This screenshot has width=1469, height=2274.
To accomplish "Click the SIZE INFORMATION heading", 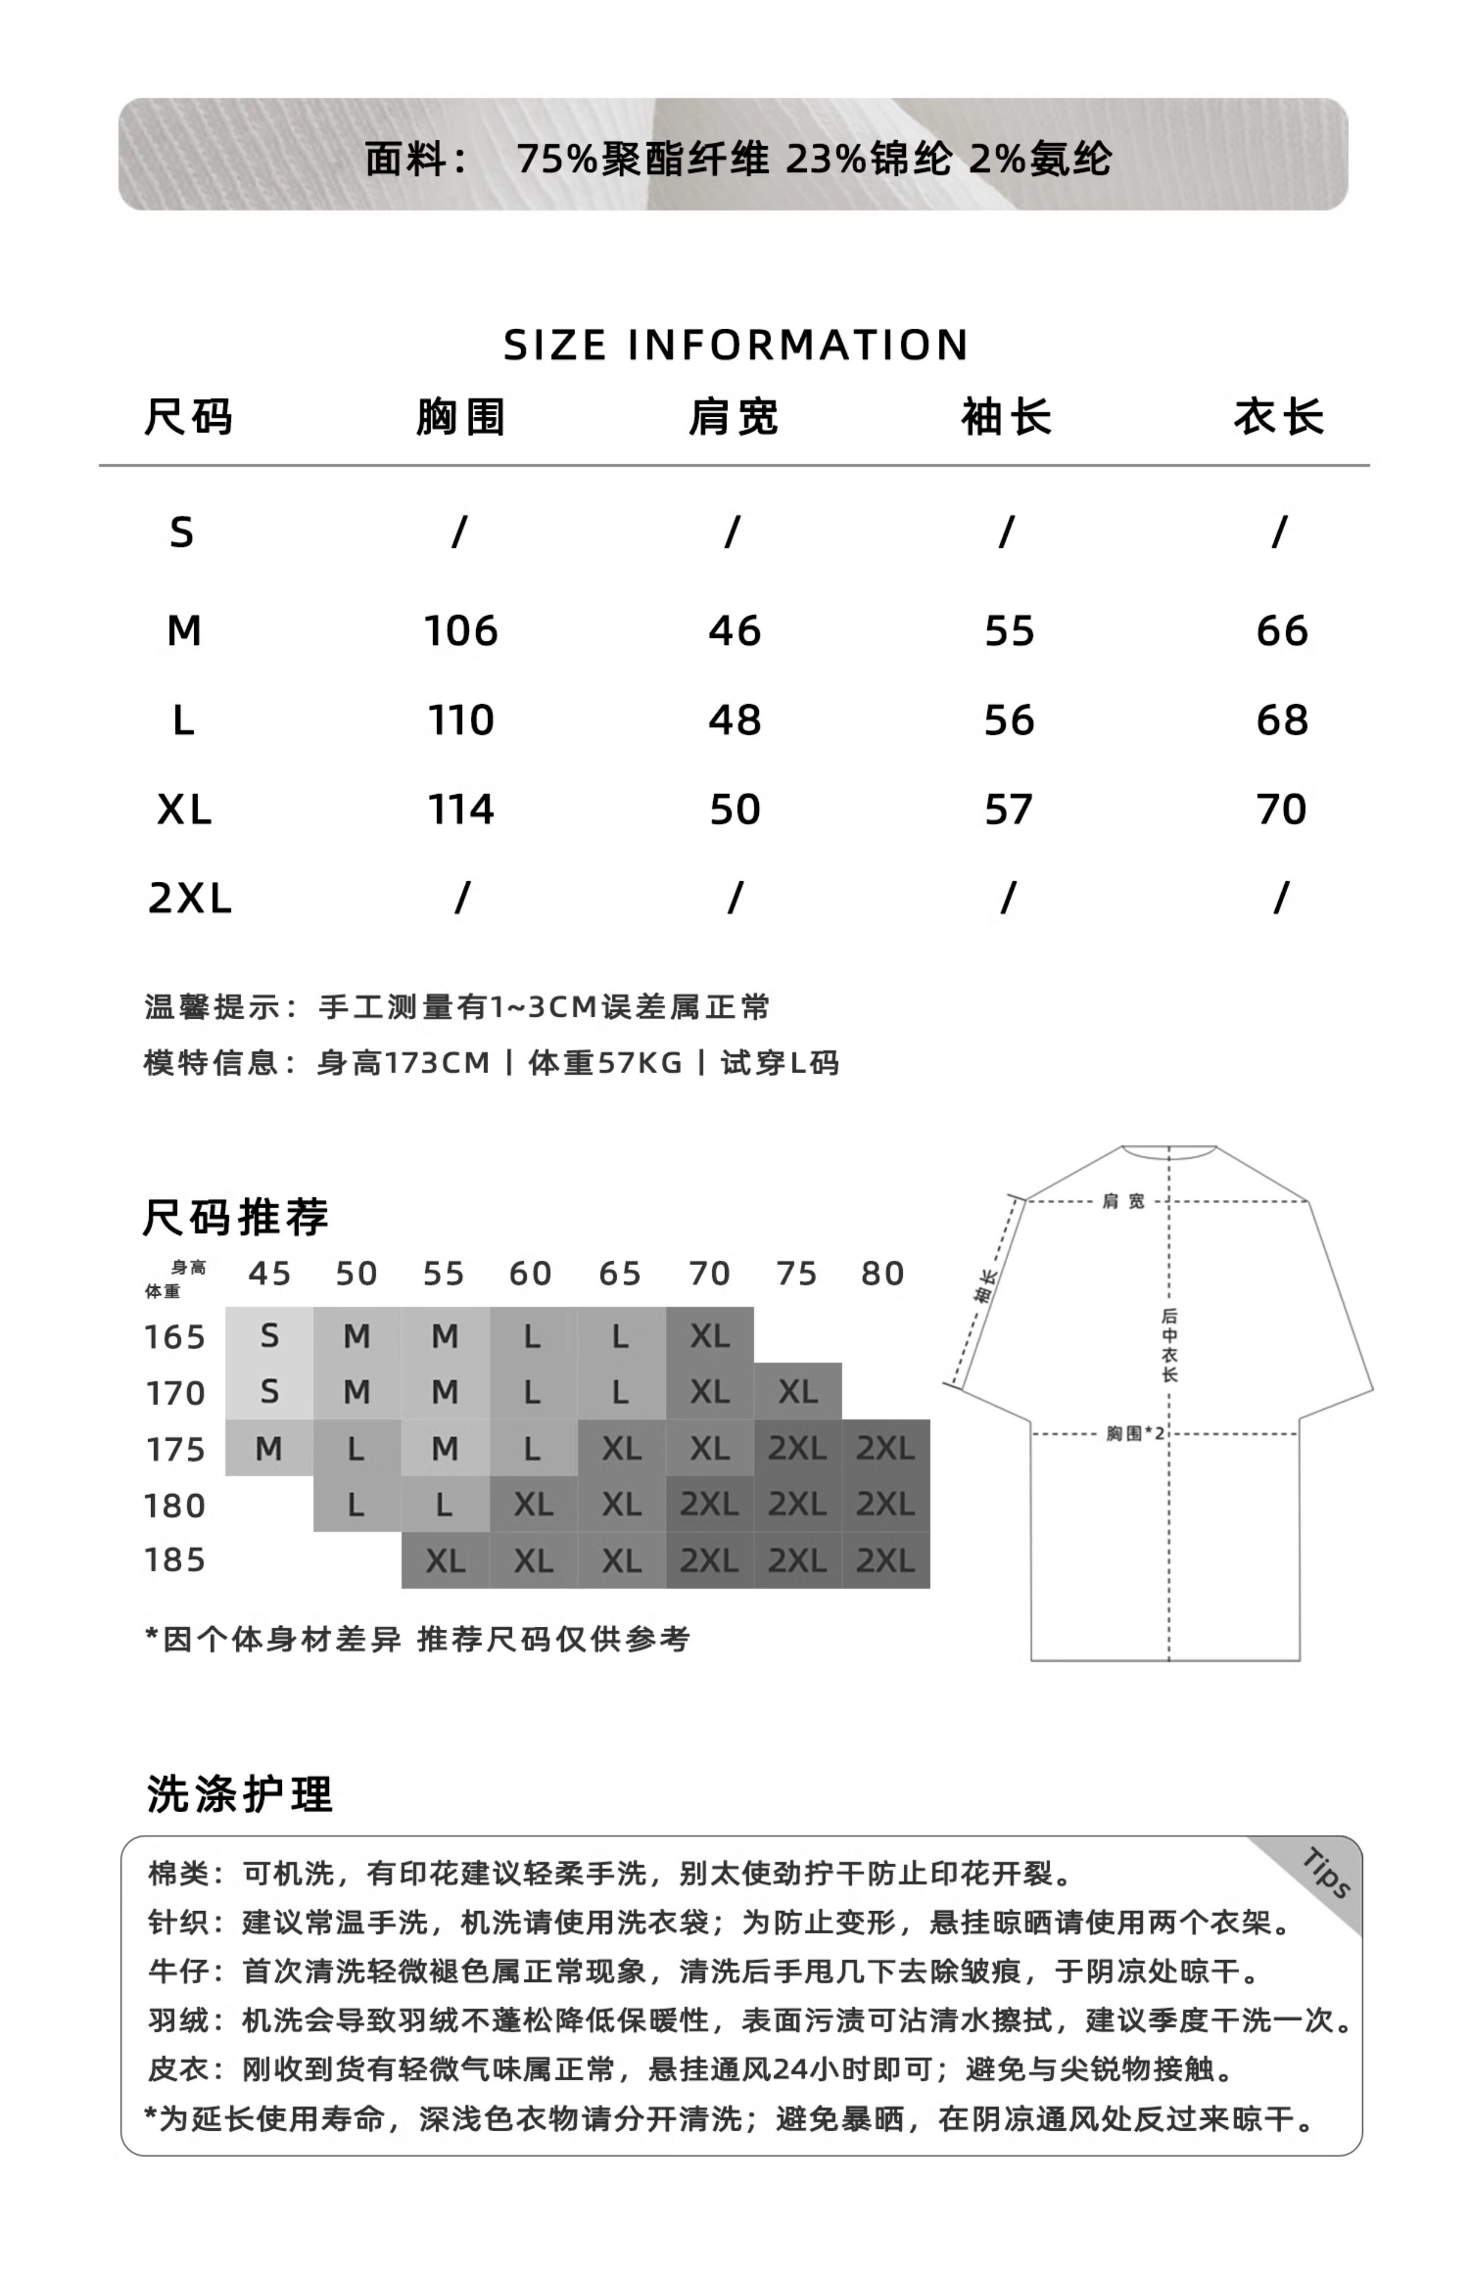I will (x=736, y=345).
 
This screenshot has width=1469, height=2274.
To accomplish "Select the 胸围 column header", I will (x=461, y=417).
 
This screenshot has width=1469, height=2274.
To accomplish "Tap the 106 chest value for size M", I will (x=461, y=631).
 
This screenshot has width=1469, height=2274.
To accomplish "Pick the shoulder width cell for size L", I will (x=734, y=721).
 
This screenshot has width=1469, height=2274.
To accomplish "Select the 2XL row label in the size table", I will (x=190, y=898).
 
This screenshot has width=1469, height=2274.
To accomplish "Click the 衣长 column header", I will (x=1279, y=417).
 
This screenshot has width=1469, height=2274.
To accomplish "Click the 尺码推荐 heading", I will (x=236, y=1218).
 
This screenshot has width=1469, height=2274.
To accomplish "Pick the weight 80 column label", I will (x=883, y=1274).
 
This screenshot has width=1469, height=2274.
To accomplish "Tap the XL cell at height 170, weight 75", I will (x=797, y=1392).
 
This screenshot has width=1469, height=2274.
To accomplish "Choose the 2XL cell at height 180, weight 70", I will (x=709, y=1505).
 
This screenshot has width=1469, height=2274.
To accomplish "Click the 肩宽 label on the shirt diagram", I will (x=1122, y=1202).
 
